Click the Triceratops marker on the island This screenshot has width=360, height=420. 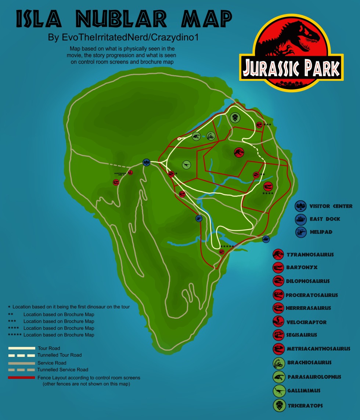pos(235,118)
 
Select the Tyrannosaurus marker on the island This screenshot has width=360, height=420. pos(239,152)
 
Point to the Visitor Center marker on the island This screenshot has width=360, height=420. pos(147,162)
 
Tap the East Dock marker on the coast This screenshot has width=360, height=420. pos(266,239)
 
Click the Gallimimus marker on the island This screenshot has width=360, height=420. pos(187,165)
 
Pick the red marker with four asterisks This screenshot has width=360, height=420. pos(268,186)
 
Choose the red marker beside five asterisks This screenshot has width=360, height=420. pos(222,251)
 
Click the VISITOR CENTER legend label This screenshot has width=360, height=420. pos(331,206)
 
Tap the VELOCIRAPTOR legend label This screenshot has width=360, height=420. pos(306,322)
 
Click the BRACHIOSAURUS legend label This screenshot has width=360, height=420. pos(309,363)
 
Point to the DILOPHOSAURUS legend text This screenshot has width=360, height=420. pos(308,282)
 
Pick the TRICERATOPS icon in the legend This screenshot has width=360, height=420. pos(279,406)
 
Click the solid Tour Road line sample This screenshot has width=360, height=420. pos(22,348)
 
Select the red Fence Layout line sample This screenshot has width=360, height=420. pos(22,377)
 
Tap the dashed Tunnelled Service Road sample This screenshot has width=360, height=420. pos(22,370)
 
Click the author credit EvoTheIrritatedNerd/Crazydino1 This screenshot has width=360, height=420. pos(123,38)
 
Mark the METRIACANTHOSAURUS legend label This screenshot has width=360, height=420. pos(318,349)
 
